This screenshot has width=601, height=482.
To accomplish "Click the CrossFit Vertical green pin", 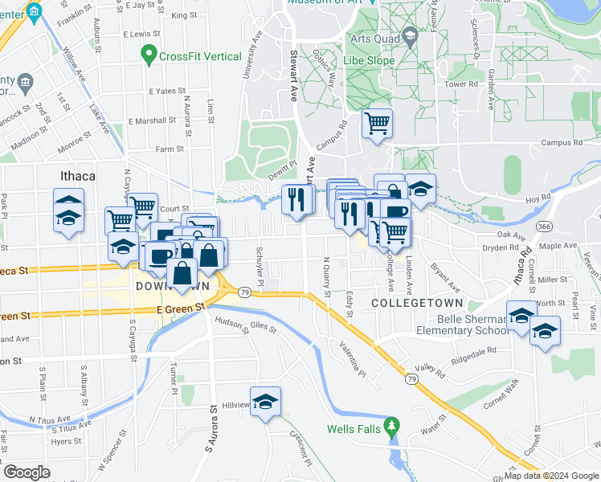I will [148, 56].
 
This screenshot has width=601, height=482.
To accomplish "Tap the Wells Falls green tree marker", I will [392, 425].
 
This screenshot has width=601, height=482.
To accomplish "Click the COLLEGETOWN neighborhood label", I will [418, 302].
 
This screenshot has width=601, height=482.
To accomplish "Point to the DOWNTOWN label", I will [172, 286].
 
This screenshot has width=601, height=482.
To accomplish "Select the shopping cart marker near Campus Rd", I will [376, 125].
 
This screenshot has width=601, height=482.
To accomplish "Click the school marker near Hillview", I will [264, 401].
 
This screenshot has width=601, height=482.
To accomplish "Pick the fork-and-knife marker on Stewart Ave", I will [297, 198].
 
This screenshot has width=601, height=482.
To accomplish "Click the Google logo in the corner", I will [27, 472].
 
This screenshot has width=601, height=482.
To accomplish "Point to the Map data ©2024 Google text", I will [550, 476].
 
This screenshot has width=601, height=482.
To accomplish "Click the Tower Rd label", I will [461, 84].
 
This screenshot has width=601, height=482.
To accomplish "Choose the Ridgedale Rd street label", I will [474, 353].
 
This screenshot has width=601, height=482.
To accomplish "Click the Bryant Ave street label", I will [444, 276].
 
